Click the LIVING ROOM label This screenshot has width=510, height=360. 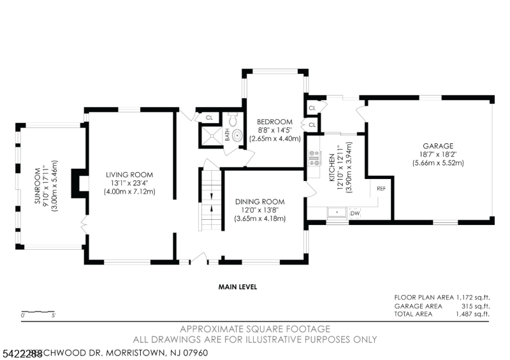(x=130, y=174)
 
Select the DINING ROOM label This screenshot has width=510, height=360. (x=259, y=201)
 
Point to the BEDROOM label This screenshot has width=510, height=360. (x=274, y=122)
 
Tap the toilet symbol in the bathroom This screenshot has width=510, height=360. (x=233, y=119)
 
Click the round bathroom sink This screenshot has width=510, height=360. (x=237, y=135)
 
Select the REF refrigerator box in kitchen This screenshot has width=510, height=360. (x=381, y=189)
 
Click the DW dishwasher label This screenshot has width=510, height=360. (x=354, y=213)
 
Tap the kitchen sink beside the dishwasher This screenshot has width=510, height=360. (x=336, y=213)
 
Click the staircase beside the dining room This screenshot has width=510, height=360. (x=210, y=201)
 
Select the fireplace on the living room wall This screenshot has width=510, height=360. (x=80, y=182)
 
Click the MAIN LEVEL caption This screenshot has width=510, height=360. (x=237, y=287)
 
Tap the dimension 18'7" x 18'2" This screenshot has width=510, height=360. (x=437, y=154)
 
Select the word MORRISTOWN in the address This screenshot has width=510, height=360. (x=131, y=352)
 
